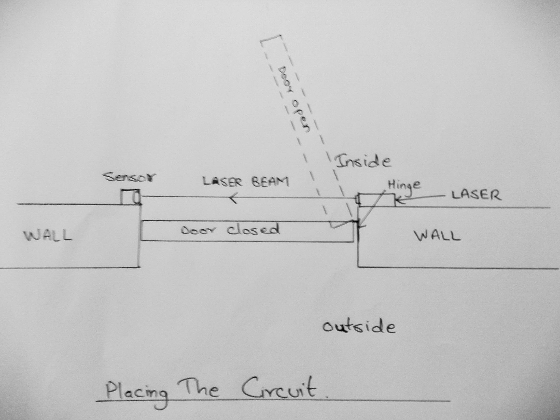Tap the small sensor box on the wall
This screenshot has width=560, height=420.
pyautogui.click(x=130, y=197)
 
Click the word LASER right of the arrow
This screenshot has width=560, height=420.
pyautogui.click(x=476, y=195)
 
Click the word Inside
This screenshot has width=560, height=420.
pyautogui.click(x=363, y=161)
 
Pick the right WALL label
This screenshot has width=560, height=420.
pyautogui.click(x=437, y=236)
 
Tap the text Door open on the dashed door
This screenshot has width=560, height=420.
pyautogui.click(x=294, y=99)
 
